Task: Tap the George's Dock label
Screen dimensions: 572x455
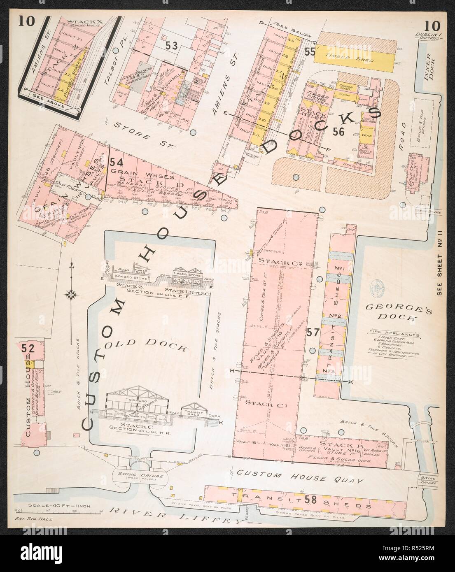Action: [x=397, y=312]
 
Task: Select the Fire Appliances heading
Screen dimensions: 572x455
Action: [x=391, y=335]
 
